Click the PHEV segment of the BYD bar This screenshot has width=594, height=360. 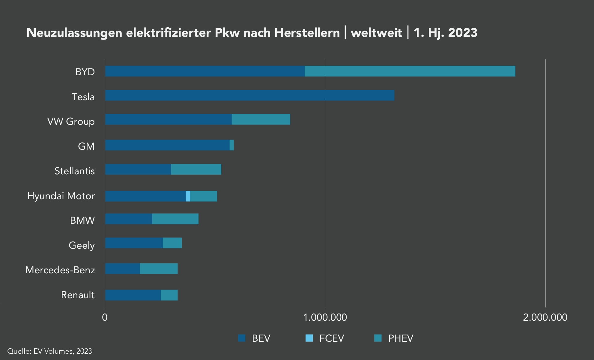(x=410, y=71)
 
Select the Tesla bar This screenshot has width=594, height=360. (x=249, y=95)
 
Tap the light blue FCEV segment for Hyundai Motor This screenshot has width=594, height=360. (x=188, y=196)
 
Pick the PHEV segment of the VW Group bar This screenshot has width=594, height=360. (x=261, y=119)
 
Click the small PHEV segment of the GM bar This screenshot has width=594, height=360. (x=232, y=145)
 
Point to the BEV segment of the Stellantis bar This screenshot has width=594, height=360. (x=138, y=169)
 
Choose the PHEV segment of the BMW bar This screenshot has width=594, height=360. (x=175, y=219)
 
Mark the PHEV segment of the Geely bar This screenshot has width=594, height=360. (x=172, y=243)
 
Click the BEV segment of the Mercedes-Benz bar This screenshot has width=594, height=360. (x=122, y=269)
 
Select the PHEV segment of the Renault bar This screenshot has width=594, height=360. (x=169, y=295)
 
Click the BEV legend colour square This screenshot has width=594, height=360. (x=242, y=338)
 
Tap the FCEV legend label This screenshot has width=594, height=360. (x=332, y=338)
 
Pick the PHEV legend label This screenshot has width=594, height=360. (x=401, y=338)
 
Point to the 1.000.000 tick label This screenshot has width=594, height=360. (x=325, y=317)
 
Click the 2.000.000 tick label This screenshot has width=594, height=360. (x=545, y=317)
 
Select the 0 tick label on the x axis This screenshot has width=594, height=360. (x=105, y=317)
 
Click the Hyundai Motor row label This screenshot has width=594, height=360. (x=61, y=196)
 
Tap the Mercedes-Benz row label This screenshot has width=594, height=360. (x=60, y=270)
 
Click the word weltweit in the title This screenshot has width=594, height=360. (x=376, y=33)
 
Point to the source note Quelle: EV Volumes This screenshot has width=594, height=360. (x=49, y=351)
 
